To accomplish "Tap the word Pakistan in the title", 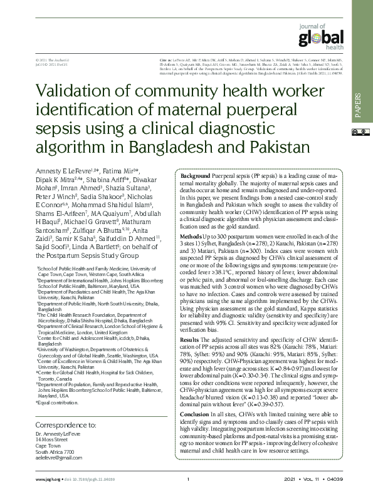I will (271, 148).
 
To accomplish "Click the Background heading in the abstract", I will (195, 177).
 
